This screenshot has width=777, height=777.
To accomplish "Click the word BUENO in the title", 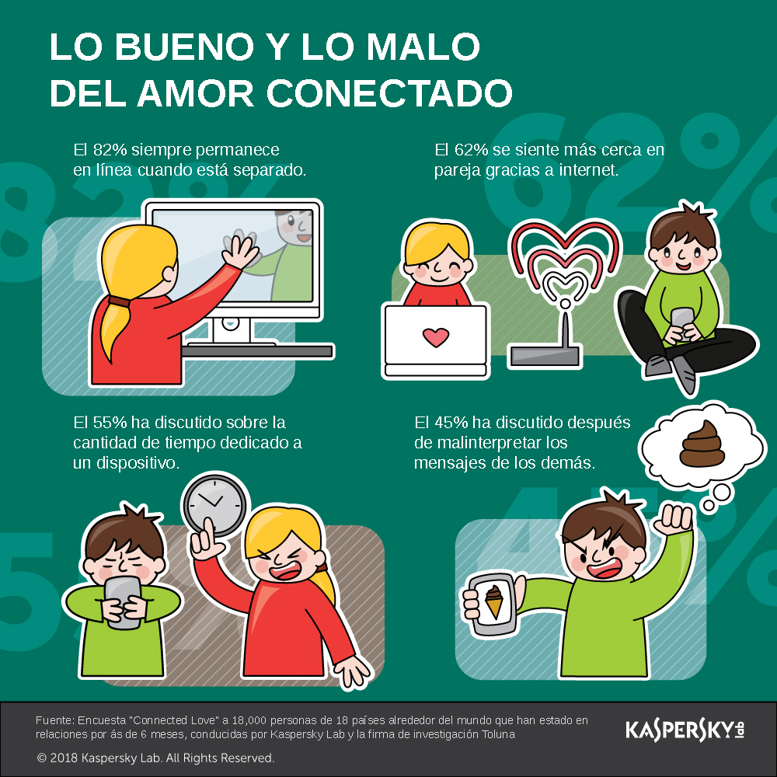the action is pyautogui.click(x=184, y=47).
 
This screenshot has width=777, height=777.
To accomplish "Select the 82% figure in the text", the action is pyautogui.click(x=110, y=150).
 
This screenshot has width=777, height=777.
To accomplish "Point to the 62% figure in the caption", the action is pyautogui.click(x=472, y=150).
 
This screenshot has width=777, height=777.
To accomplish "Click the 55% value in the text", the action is pyautogui.click(x=110, y=422).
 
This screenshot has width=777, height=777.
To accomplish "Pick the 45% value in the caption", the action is pyautogui.click(x=451, y=422).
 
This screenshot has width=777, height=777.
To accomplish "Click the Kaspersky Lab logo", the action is pyautogui.click(x=685, y=730).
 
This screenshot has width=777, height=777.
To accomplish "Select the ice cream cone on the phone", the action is pyautogui.click(x=494, y=601).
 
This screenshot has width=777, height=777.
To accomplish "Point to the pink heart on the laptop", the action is pyautogui.click(x=436, y=337).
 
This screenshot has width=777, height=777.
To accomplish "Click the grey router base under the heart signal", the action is pyautogui.click(x=545, y=356).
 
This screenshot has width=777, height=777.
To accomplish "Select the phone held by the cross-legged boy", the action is pyautogui.click(x=682, y=322).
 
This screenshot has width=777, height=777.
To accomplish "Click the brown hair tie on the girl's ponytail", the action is pyautogui.click(x=120, y=301).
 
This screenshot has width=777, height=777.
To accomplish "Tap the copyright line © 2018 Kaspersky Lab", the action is pyautogui.click(x=155, y=758).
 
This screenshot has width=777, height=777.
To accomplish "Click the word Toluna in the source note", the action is pyautogui.click(x=499, y=734).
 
